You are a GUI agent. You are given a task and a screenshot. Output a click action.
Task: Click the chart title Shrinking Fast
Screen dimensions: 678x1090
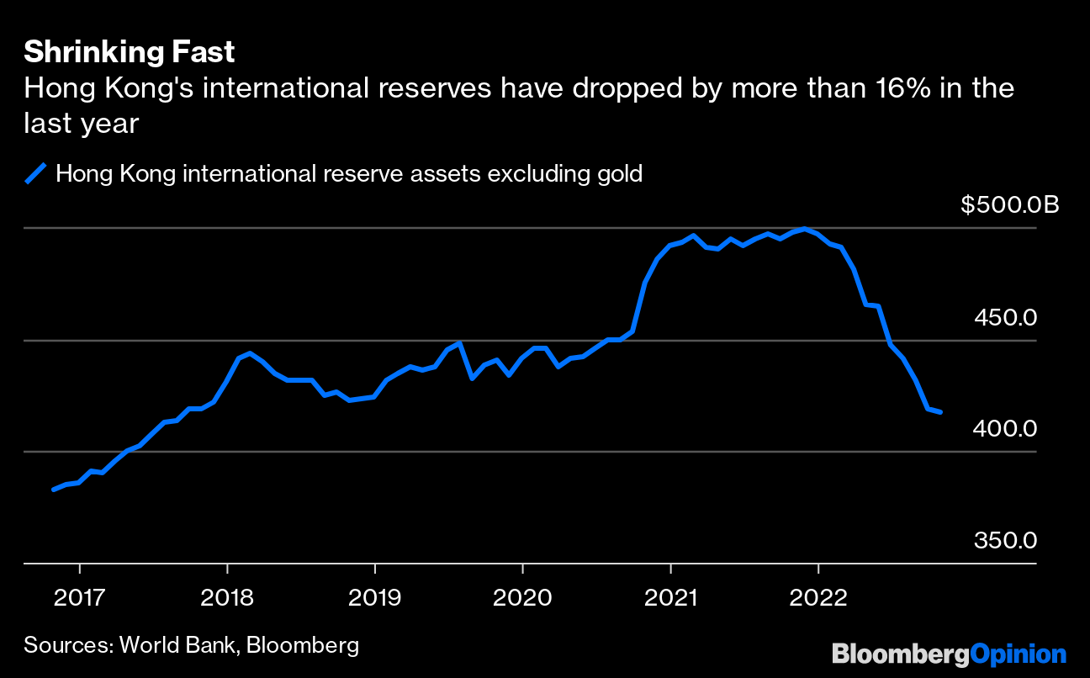129,53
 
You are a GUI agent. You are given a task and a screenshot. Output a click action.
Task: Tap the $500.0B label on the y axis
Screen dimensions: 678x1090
1010,204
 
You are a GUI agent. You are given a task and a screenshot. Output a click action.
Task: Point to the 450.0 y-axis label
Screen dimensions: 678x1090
1006,318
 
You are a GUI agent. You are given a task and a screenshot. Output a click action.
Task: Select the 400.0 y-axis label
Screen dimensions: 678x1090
1006,429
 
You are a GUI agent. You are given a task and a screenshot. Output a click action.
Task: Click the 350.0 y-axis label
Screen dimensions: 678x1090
1006,540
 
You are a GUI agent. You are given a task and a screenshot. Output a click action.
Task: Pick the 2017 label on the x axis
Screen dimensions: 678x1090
79,598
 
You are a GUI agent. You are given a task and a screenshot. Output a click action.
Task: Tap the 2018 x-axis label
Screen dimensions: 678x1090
227,598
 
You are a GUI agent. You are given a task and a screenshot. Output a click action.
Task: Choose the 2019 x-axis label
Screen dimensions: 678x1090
375,598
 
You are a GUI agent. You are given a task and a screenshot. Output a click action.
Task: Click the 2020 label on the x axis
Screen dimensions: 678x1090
522,598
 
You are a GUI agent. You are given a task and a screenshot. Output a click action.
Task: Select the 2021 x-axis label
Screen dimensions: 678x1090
670,598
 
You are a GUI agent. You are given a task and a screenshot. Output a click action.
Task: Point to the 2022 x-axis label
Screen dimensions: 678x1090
818,598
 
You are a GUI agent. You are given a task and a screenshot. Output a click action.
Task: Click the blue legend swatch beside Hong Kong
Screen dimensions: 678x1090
35,174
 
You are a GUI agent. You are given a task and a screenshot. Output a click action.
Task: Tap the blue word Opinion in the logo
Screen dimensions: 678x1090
1019,654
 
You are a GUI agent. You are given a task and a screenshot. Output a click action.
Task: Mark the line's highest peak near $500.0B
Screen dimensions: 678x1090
805,229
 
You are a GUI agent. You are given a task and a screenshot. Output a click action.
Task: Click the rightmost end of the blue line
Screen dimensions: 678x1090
941,412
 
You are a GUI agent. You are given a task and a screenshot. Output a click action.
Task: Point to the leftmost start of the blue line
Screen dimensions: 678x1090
54,489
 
